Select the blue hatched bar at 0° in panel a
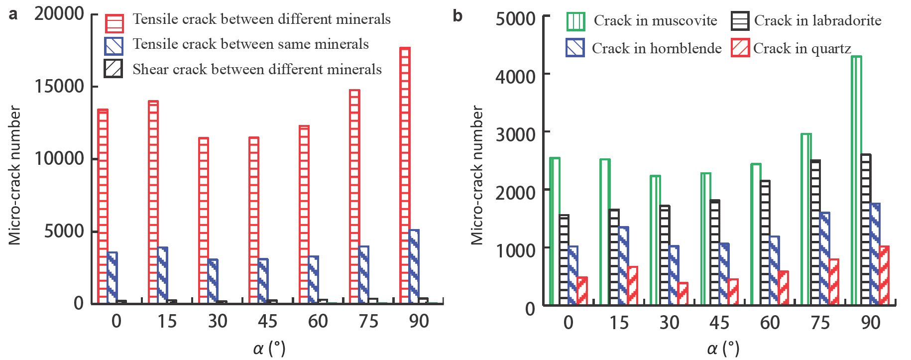tap(112, 278)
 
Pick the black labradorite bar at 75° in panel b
tap(815, 232)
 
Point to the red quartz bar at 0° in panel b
tap(582, 291)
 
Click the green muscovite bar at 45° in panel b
tap(705, 239)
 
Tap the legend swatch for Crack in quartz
tap(740, 48)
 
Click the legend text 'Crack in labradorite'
tap(817, 20)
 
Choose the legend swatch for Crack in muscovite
tap(575, 21)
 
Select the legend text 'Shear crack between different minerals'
tap(257, 69)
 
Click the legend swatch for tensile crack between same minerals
tap(114, 46)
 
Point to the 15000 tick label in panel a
tap(59, 86)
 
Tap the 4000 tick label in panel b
tap(515, 76)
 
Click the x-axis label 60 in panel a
tap(318, 321)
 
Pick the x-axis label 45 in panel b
tap(719, 323)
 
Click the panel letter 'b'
tap(457, 16)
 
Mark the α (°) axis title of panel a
tap(269, 348)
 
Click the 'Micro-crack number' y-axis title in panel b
tap(477, 175)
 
